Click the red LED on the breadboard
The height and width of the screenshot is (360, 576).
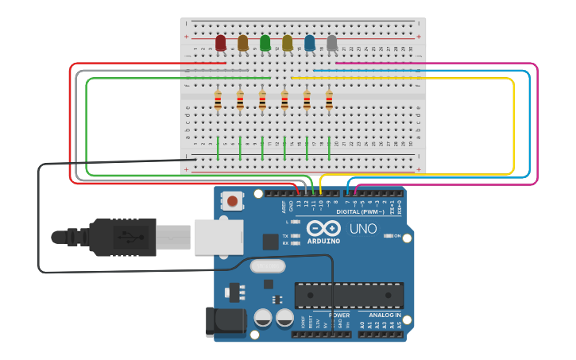click(x=221, y=43)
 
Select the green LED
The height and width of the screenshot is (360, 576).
click(x=265, y=43)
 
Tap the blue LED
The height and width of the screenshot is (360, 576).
click(x=310, y=43)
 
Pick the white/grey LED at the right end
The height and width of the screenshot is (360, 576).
click(x=332, y=43)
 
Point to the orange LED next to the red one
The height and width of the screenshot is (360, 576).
click(x=243, y=43)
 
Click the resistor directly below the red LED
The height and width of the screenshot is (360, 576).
click(x=218, y=100)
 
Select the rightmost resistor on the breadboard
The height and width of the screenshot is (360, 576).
click(x=329, y=100)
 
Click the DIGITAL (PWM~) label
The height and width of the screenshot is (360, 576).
click(x=362, y=212)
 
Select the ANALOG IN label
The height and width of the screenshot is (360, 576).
click(x=381, y=315)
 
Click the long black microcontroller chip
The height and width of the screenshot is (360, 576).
click(x=349, y=295)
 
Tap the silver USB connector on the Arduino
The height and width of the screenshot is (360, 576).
click(x=218, y=237)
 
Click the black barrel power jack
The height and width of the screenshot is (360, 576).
click(x=226, y=323)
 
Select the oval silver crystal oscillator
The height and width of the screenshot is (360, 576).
click(x=268, y=266)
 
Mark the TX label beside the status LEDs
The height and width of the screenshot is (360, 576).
click(x=286, y=236)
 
